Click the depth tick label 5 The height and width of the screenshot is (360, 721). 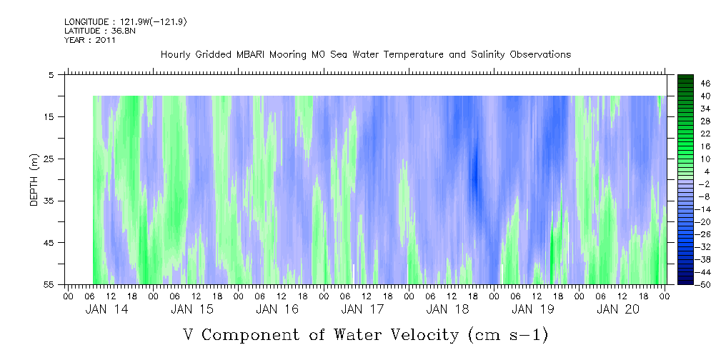[x=51, y=74]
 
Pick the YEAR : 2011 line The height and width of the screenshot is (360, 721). [x=89, y=40]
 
